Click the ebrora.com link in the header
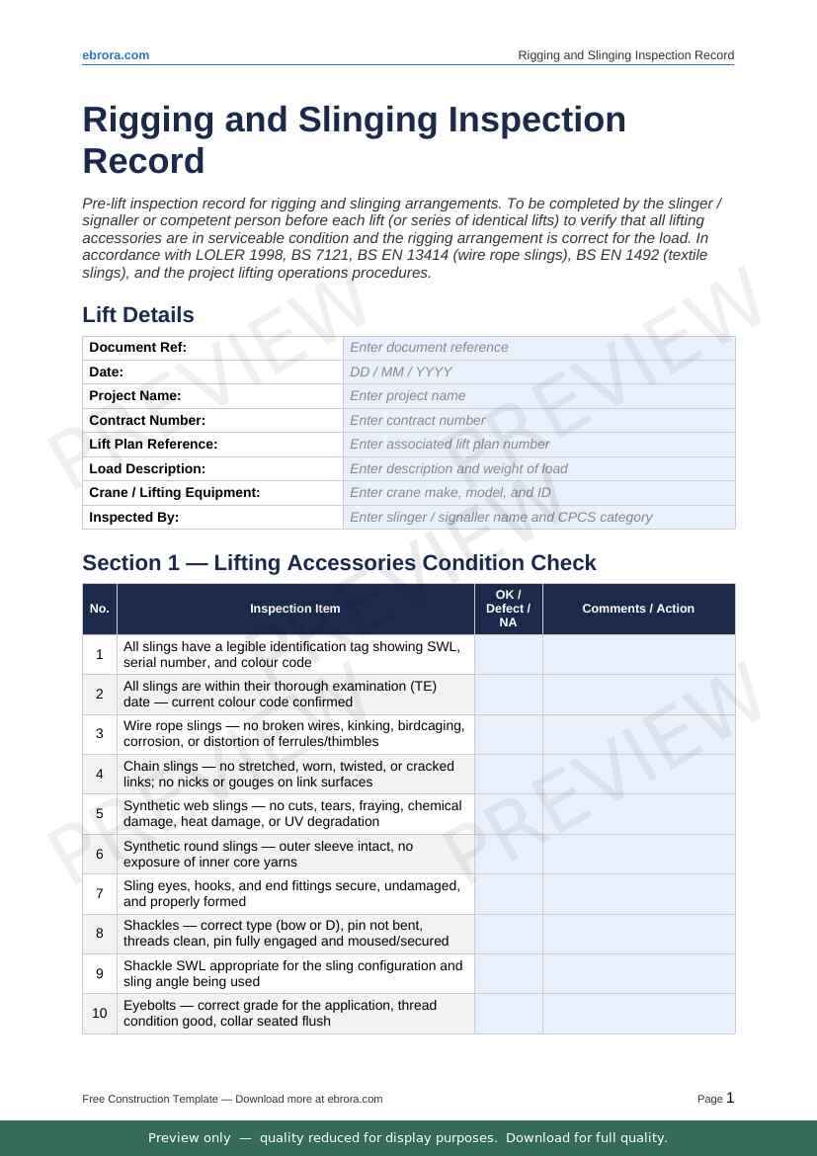(x=116, y=55)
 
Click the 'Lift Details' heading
(x=138, y=315)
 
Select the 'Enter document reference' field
(x=538, y=348)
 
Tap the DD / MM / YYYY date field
(x=538, y=372)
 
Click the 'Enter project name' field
(x=538, y=396)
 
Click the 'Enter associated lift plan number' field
(x=538, y=445)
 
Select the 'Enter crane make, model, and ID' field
(x=538, y=493)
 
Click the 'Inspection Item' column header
(x=295, y=609)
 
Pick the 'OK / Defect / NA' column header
(x=508, y=609)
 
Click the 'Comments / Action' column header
(x=638, y=609)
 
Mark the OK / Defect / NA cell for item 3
(x=508, y=734)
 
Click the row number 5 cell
(x=100, y=814)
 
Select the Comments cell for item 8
(x=638, y=934)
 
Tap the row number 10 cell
(x=100, y=1014)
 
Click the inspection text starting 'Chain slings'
(x=288, y=774)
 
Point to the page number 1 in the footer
(x=730, y=1098)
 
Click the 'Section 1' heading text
(x=339, y=563)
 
